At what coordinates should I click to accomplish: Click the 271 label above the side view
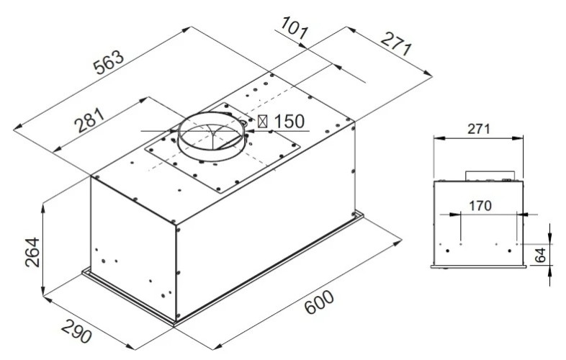tap(478, 130)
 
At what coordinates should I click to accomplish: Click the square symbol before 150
tap(263, 122)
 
